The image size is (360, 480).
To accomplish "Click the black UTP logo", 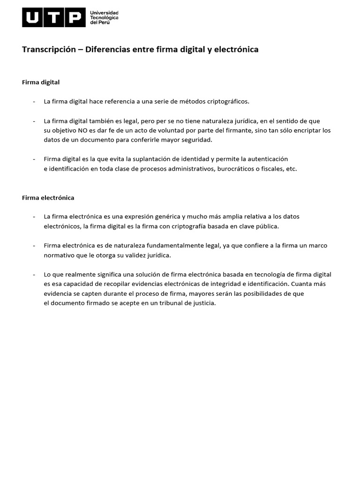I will click(54, 17).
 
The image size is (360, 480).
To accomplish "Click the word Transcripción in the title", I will click(49, 49).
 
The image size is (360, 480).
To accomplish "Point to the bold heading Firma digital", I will click(41, 82).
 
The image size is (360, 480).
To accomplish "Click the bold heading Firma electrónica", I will click(48, 197).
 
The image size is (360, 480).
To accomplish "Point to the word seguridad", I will click(196, 140).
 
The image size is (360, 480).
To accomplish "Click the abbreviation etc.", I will click(291, 169).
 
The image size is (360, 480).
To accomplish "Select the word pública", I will click(266, 226).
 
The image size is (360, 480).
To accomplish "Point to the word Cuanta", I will click(303, 284).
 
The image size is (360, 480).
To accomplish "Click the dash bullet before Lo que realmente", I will click(34, 274).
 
